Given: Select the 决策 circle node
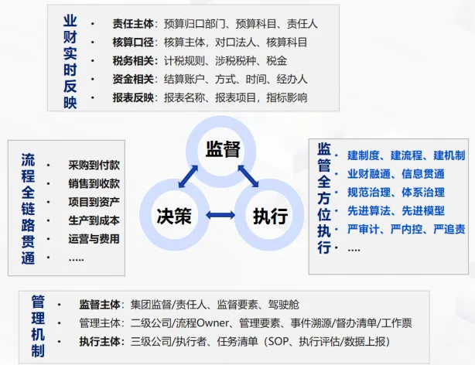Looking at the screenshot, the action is point(173,214).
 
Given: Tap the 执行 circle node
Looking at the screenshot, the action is point(270,215).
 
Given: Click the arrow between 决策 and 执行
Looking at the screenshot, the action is point(221,215).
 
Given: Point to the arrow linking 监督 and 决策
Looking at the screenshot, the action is point(188,176).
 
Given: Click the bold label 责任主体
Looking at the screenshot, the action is point(133,24).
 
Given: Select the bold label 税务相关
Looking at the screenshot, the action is point(133,61).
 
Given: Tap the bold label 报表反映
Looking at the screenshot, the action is point(133,97).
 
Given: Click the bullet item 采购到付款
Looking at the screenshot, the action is point(94,165).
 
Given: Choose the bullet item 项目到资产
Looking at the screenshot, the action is point(94,202).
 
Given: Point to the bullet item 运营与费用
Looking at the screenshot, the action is point(94,239).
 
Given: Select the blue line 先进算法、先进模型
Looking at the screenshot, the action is point(395,211).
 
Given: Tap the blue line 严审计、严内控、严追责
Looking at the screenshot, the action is point(406,230).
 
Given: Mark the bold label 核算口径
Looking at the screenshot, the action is point(133,43).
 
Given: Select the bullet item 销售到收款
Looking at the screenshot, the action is point(94,183).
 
